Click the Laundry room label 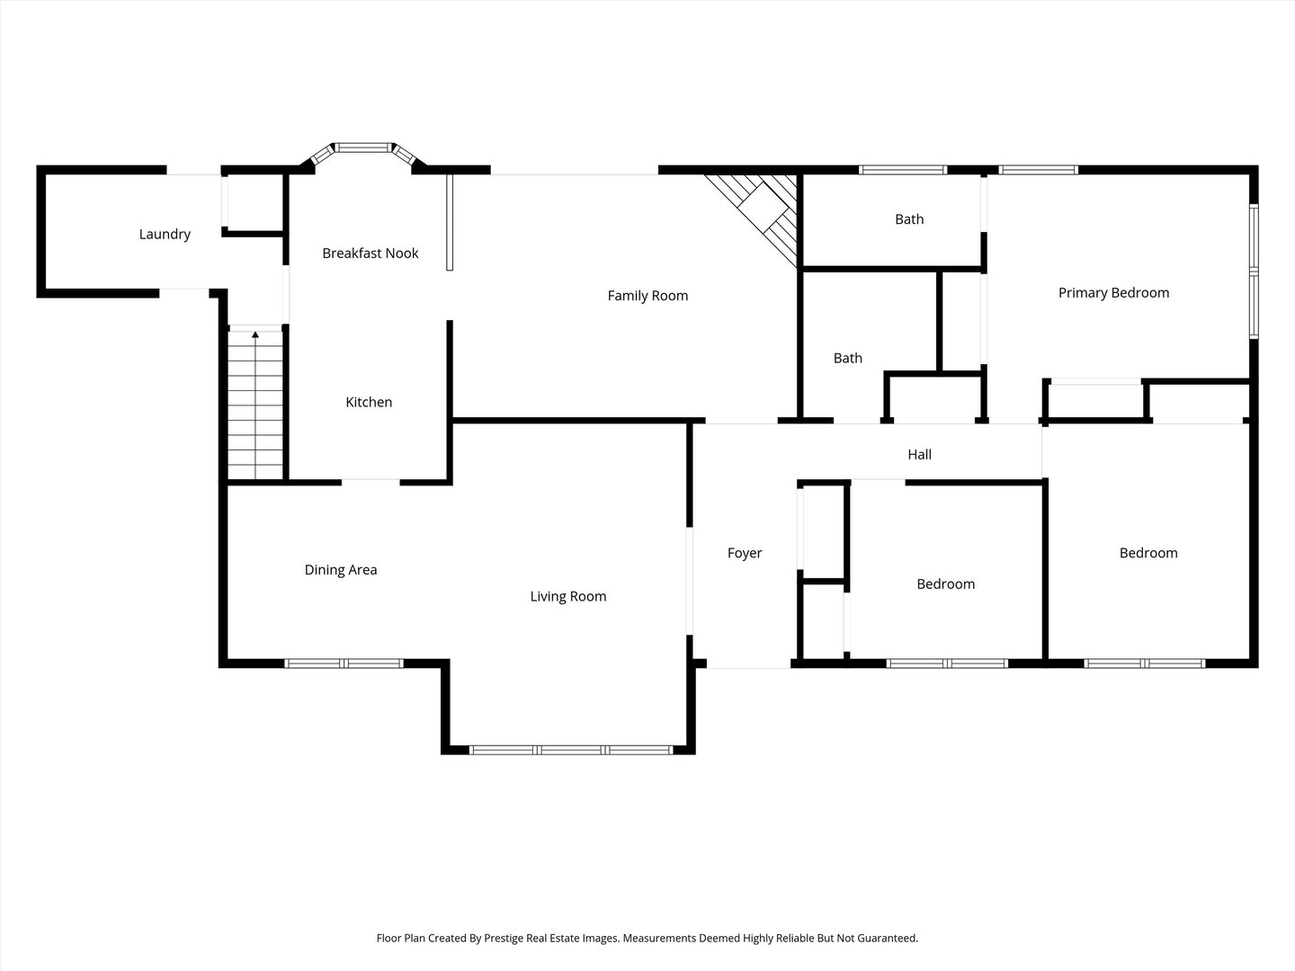coord(165,235)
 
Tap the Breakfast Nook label coord(370,254)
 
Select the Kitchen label coord(369,402)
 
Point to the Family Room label coord(647,296)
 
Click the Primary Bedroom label coord(1113,292)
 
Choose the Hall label coord(919,455)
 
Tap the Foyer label coord(745,553)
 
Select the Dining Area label coord(341,570)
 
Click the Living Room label coord(567,596)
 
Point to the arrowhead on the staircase coord(256,335)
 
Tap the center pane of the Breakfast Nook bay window coord(364,147)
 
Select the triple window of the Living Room coord(571,749)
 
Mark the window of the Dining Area coord(344,664)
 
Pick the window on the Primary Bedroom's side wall coord(1254,270)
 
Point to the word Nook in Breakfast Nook coord(402,254)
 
